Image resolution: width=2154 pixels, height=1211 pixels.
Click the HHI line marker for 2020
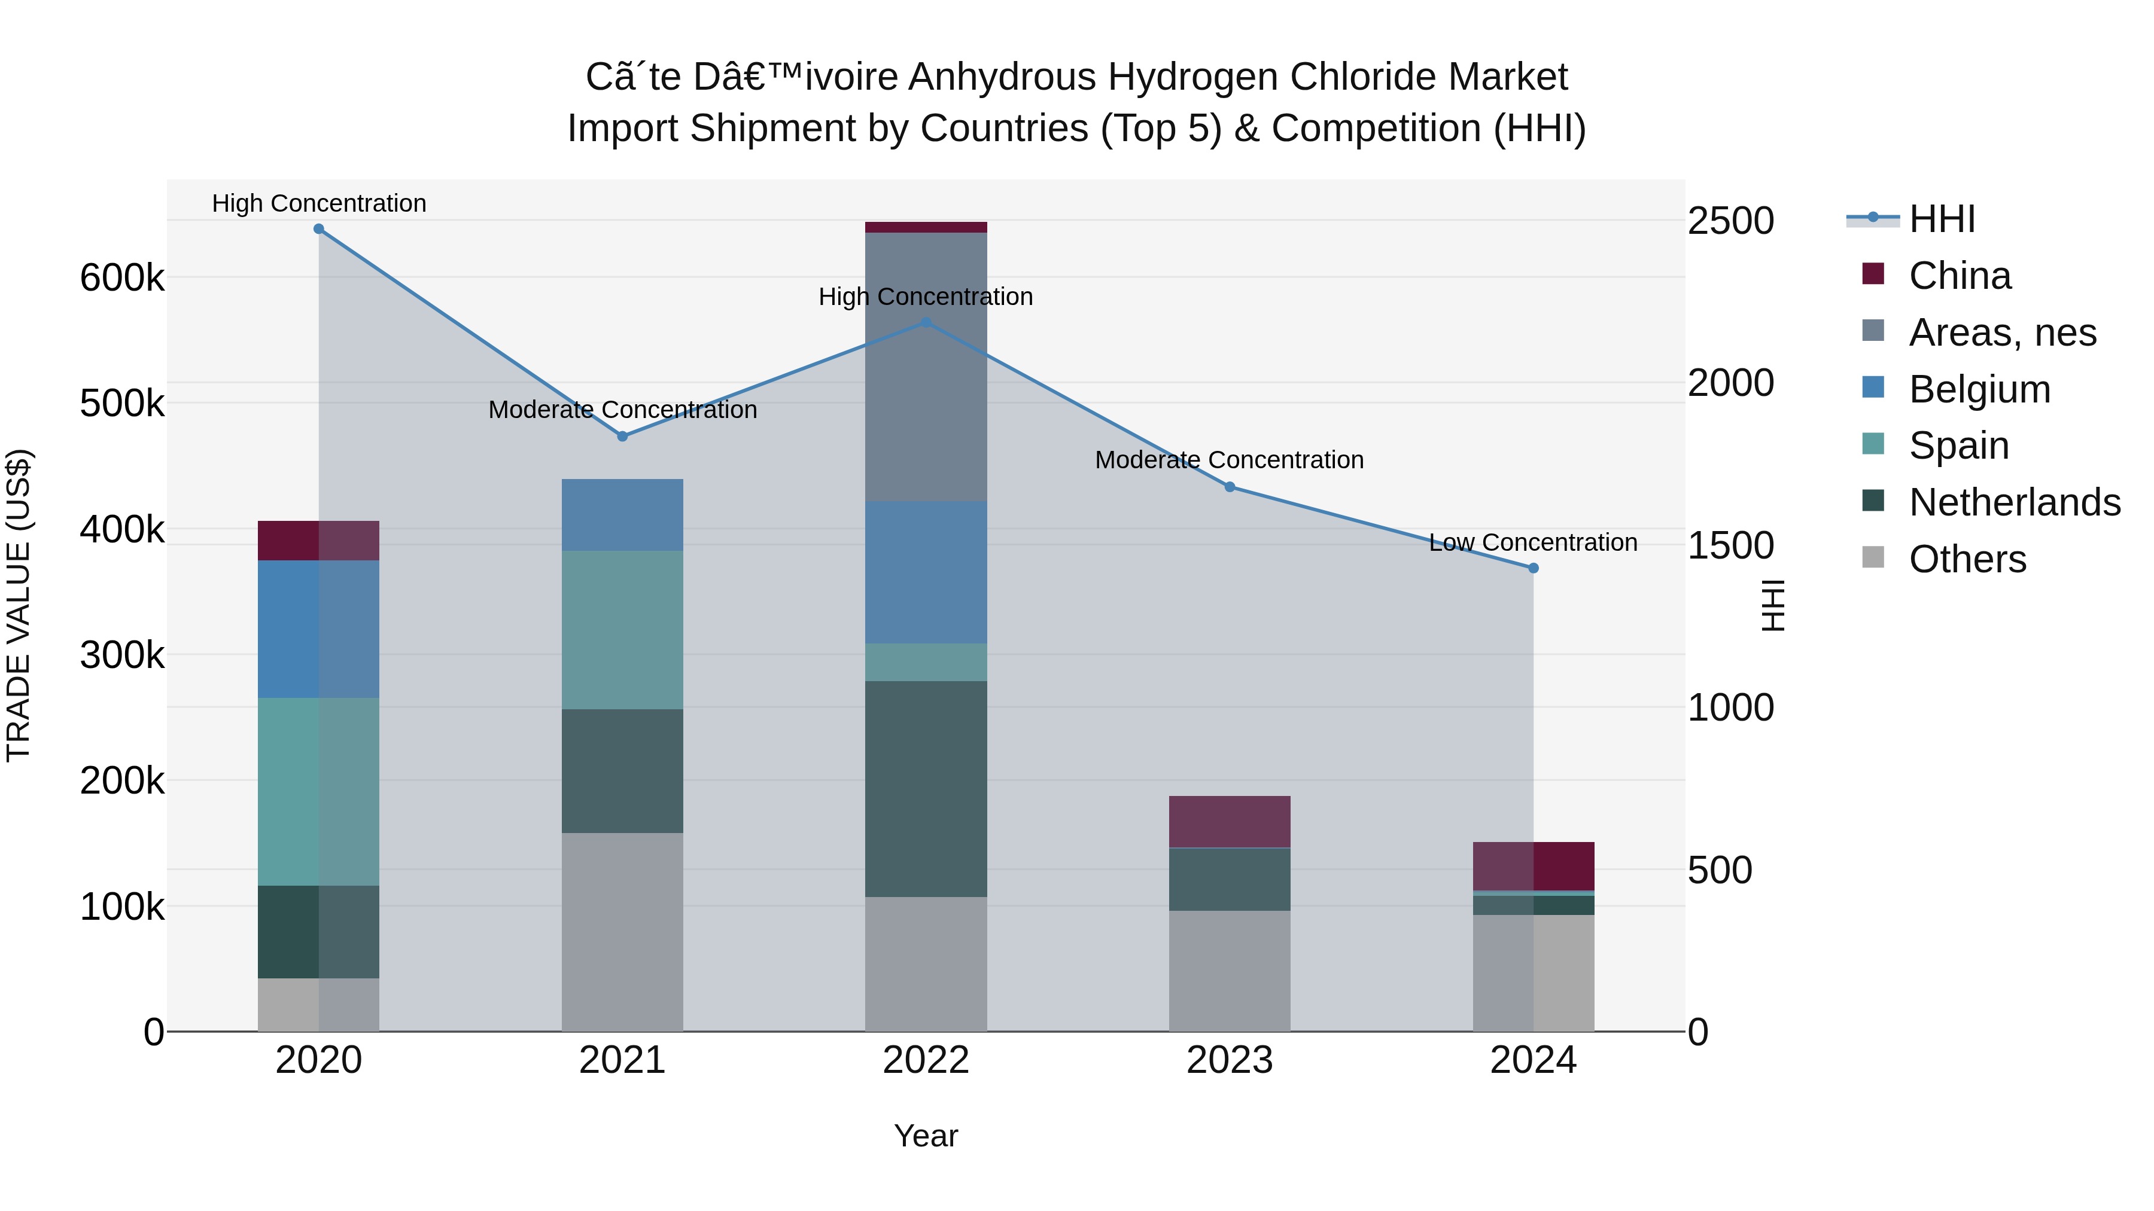point(318,229)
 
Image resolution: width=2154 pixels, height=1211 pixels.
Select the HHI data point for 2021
point(622,437)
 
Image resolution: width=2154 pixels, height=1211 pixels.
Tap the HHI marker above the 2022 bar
point(926,322)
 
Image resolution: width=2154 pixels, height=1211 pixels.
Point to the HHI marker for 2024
point(1534,568)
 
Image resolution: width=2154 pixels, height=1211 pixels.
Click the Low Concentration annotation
point(1533,543)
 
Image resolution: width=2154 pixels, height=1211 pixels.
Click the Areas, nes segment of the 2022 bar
point(926,368)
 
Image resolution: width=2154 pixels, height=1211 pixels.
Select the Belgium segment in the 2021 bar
point(622,515)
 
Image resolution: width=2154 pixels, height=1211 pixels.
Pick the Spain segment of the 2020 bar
point(318,791)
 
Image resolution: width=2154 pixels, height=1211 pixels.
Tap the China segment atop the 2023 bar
point(1229,822)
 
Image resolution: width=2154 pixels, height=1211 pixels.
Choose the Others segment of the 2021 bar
point(622,932)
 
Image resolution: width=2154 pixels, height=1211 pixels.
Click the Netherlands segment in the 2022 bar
point(926,789)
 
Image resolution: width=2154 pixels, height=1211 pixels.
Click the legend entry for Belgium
point(1979,389)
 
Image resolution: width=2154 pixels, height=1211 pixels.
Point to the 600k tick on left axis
point(122,277)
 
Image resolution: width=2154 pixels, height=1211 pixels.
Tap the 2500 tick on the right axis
point(1730,221)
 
